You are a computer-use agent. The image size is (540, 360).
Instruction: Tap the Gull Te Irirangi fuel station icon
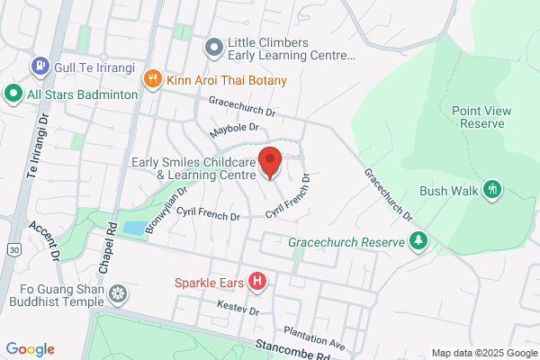40,66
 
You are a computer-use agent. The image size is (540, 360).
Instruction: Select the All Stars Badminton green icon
13,93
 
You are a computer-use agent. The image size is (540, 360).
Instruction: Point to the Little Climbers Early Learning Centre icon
213,46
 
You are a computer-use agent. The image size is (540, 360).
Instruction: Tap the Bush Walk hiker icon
491,190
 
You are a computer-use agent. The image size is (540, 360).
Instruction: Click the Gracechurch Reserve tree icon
418,240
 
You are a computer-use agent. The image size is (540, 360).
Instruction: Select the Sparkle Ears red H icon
258,282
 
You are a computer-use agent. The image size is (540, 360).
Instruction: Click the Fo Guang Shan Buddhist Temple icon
117,294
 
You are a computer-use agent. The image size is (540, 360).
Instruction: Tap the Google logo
30,349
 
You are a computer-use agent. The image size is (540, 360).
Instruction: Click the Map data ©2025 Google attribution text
481,352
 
